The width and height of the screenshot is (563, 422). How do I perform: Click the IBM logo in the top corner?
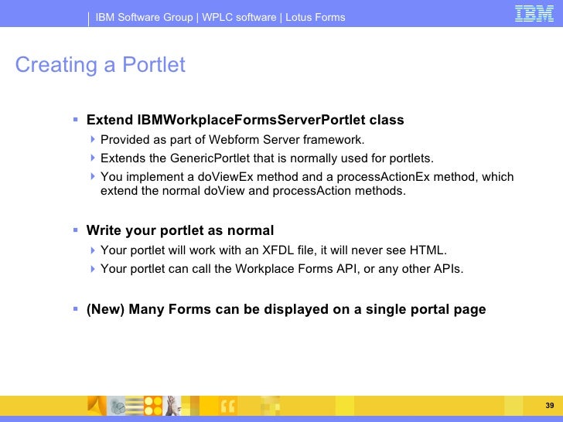pos(534,15)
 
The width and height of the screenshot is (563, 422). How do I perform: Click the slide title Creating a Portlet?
pos(100,65)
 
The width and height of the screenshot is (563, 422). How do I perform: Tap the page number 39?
pos(550,407)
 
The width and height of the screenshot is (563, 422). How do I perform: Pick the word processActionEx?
pos(379,177)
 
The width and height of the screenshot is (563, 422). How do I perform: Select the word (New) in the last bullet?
pos(105,310)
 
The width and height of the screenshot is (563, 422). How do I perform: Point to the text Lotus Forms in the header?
pos(316,17)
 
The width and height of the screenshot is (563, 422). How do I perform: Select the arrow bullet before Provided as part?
pos(92,140)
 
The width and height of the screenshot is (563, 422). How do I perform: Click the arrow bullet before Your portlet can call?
pos(92,269)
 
